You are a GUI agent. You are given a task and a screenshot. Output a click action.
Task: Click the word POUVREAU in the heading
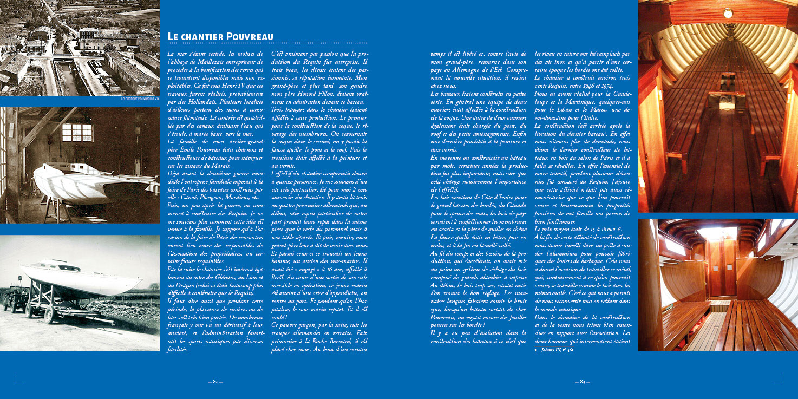(247, 37)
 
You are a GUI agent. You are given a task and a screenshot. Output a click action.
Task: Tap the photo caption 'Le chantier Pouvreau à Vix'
(140, 99)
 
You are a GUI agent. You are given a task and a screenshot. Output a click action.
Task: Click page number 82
(215, 381)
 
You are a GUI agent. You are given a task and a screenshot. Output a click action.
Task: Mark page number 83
(582, 381)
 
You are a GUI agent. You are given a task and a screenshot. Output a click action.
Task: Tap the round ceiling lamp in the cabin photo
(728, 12)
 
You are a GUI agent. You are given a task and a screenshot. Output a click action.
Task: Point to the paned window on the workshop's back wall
(77, 132)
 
